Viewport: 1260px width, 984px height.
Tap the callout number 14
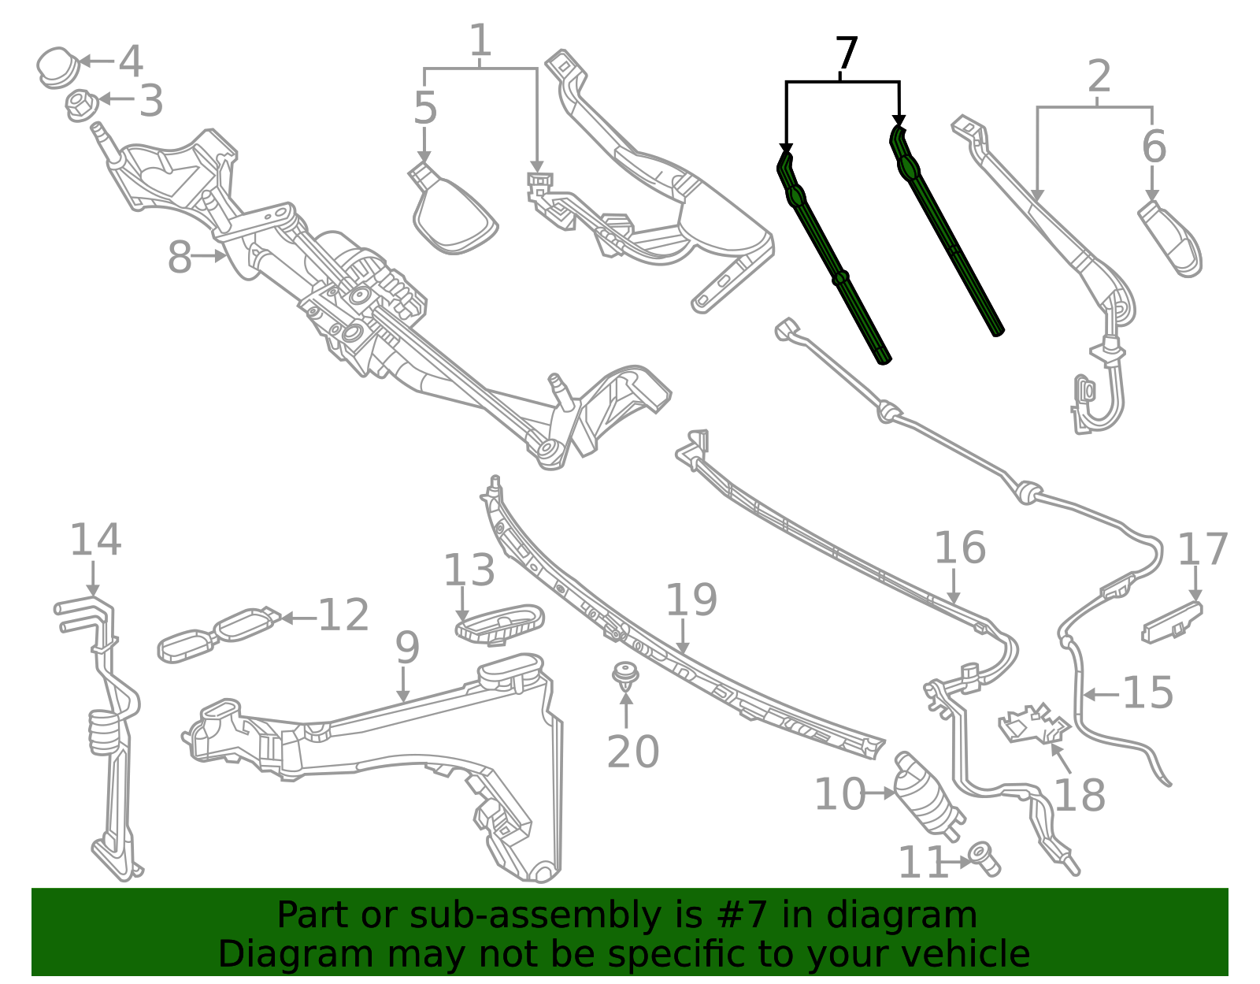(95, 540)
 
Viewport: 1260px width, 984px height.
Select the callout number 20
(632, 752)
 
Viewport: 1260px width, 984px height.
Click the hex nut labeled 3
(80, 105)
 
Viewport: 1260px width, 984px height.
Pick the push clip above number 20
(625, 675)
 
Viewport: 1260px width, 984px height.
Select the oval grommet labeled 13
(499, 622)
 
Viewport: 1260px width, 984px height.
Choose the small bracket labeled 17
(1172, 621)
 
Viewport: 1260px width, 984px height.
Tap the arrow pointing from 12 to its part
(298, 618)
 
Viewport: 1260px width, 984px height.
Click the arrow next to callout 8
(209, 256)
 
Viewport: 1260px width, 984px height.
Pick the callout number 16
(959, 548)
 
